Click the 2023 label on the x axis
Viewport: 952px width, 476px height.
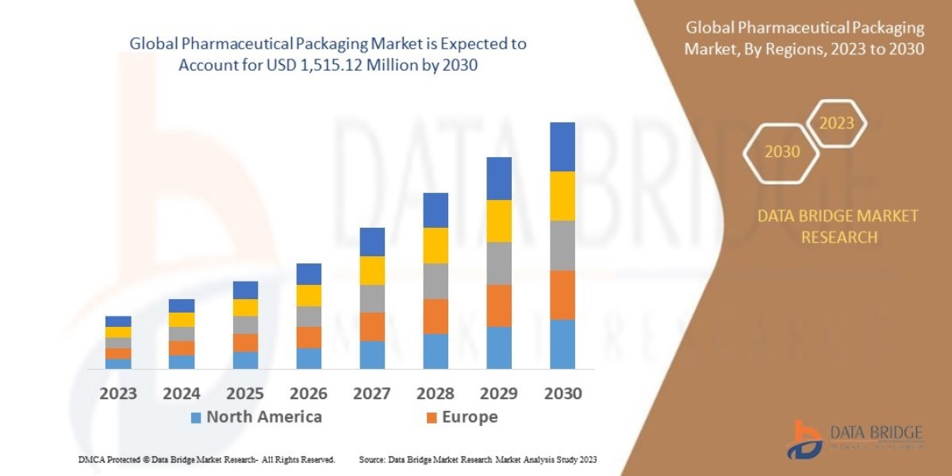click(x=117, y=393)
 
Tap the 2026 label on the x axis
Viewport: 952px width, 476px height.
click(x=309, y=393)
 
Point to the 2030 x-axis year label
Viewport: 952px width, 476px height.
click(x=562, y=393)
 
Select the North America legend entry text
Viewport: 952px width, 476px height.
click(x=264, y=417)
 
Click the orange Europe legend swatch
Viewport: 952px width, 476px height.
click(x=432, y=417)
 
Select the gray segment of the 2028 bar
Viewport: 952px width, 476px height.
click(x=436, y=281)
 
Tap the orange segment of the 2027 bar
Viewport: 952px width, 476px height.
click(x=372, y=327)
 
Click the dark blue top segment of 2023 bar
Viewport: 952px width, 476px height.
click(x=118, y=321)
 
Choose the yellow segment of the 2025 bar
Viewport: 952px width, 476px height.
click(x=245, y=308)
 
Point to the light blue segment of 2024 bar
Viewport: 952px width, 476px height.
click(x=182, y=362)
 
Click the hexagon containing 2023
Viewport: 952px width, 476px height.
click(x=836, y=124)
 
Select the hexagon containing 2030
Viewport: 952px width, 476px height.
click(x=782, y=152)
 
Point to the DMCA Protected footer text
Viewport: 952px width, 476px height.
click(x=206, y=459)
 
